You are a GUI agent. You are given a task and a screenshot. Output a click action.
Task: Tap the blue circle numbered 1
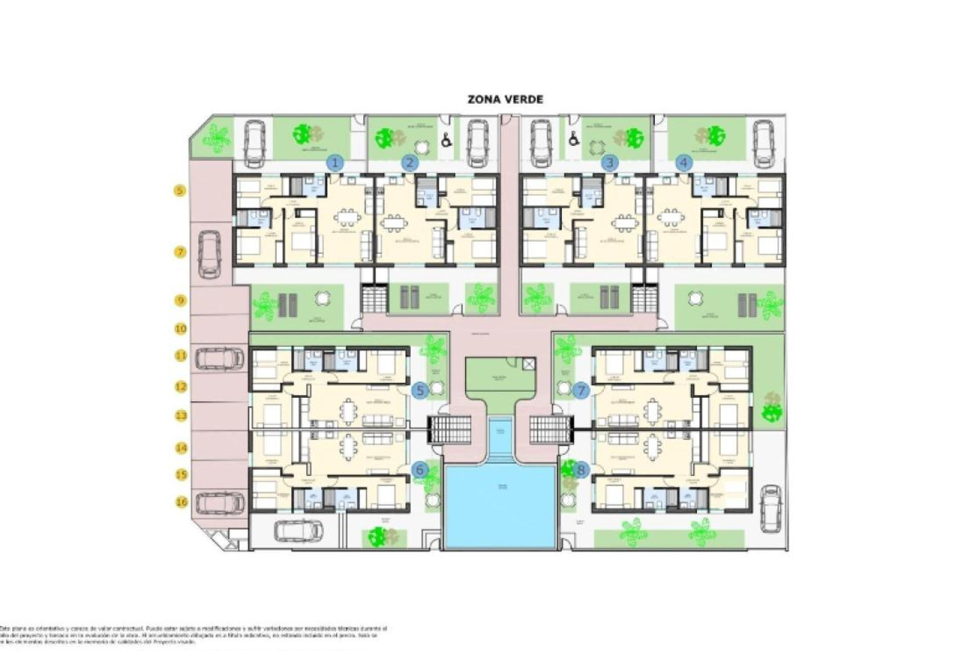pyautogui.click(x=335, y=163)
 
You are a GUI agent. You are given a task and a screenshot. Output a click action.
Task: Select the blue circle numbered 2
pyautogui.click(x=410, y=163)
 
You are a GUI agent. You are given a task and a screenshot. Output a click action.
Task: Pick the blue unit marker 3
pyautogui.click(x=609, y=163)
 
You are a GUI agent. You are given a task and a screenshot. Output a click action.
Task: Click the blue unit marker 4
pyautogui.click(x=684, y=163)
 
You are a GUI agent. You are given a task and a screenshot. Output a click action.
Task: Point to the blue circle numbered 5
pyautogui.click(x=420, y=391)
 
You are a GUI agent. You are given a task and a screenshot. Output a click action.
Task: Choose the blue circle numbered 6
pyautogui.click(x=419, y=470)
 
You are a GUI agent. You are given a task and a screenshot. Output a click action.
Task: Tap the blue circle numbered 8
pyautogui.click(x=581, y=470)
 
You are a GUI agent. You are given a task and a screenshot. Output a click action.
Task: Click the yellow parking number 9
pyautogui.click(x=180, y=301)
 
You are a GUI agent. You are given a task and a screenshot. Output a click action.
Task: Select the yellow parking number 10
pyautogui.click(x=180, y=329)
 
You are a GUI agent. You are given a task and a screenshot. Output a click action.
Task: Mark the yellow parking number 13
pyautogui.click(x=181, y=416)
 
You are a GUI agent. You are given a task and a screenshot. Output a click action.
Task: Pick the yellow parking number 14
pyautogui.click(x=181, y=448)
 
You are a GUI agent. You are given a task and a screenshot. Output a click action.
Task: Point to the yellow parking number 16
pyautogui.click(x=181, y=502)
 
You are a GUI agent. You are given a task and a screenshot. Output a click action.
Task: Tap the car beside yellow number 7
pyautogui.click(x=209, y=254)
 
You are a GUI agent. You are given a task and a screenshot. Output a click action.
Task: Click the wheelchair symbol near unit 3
pyautogui.click(x=573, y=138)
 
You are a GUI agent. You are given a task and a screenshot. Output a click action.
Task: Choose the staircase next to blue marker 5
pyautogui.click(x=449, y=429)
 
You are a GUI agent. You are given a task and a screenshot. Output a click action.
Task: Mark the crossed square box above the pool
pyautogui.click(x=529, y=363)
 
